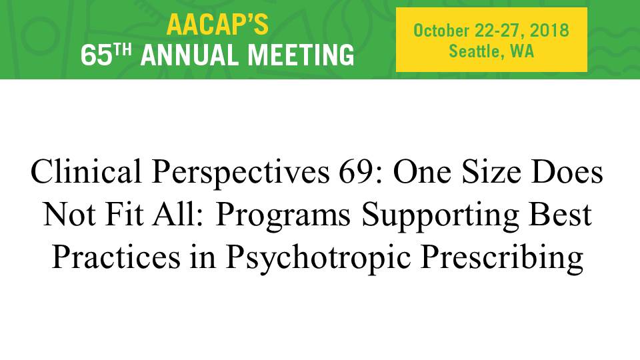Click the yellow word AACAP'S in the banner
[x=217, y=25]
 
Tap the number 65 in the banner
[x=96, y=55]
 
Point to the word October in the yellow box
[x=441, y=31]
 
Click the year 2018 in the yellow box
[x=549, y=31]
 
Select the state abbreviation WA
[x=522, y=51]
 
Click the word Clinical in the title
[x=86, y=171]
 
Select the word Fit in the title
[x=124, y=214]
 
